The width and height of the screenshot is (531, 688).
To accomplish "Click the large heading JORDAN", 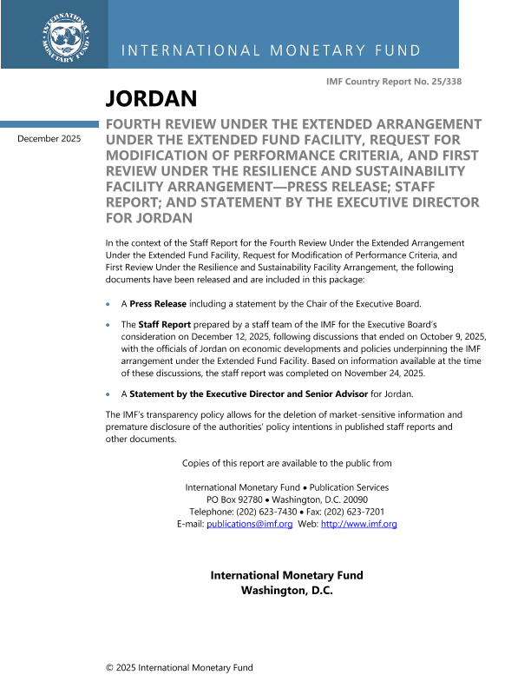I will pyautogui.click(x=151, y=98).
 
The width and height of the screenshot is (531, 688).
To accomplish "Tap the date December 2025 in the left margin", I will pyautogui.click(x=49, y=138).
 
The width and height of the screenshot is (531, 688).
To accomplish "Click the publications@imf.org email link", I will pyautogui.click(x=249, y=524).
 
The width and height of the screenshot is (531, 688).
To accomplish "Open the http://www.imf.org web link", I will pyautogui.click(x=359, y=524).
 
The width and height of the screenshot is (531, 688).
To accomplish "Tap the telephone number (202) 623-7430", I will pyautogui.click(x=265, y=512).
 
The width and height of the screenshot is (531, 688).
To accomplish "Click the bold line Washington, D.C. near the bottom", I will pyautogui.click(x=286, y=590).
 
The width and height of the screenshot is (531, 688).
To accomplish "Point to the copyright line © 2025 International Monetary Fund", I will pyautogui.click(x=180, y=667).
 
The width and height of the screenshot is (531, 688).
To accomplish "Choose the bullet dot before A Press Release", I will pyautogui.click(x=108, y=304).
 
